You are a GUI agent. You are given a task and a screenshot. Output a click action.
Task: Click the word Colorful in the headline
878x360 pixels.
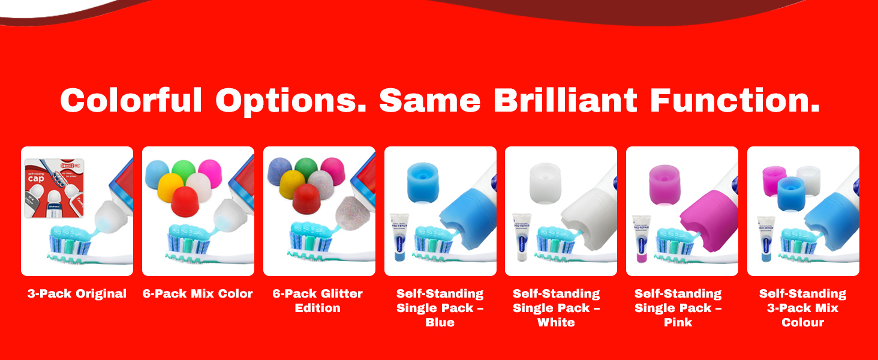pos(131,100)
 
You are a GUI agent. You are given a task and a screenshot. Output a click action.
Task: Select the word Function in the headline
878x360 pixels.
pos(735,100)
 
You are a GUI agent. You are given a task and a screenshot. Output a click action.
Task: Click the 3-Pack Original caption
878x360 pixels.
pos(77,293)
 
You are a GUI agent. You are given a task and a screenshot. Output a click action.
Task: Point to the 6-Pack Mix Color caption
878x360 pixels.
pos(198,293)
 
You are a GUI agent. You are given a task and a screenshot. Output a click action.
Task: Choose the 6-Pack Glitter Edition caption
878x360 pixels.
pos(318,301)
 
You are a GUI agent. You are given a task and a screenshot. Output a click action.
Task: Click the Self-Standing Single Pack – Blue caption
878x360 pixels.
pos(440,308)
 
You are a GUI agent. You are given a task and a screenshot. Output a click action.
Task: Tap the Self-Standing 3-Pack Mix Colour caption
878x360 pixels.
pos(802,308)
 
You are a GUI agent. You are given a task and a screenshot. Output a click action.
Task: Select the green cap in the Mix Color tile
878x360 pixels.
pos(185,171)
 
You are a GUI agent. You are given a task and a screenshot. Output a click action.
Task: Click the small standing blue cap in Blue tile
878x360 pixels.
pos(423,180)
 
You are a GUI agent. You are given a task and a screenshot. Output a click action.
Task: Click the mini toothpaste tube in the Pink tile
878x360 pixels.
pos(641,238)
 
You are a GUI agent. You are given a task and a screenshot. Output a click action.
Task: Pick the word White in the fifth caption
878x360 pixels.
pos(556,322)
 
